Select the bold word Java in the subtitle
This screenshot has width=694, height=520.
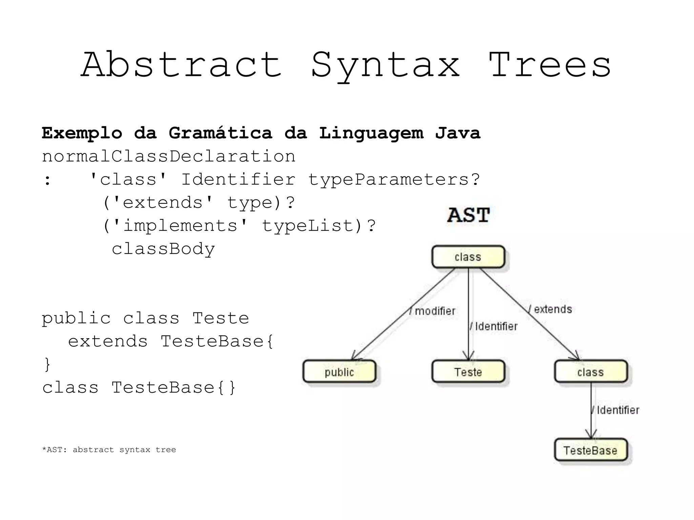click(457, 133)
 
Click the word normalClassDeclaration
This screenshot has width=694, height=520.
click(168, 156)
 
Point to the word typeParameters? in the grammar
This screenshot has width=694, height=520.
click(394, 179)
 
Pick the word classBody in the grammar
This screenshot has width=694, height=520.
click(163, 249)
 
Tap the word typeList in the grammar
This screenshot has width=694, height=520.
click(307, 225)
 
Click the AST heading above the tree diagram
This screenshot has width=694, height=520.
click(468, 215)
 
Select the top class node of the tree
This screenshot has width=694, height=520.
click(468, 257)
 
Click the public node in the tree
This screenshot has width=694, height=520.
click(339, 372)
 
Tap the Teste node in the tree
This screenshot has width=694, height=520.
click(468, 372)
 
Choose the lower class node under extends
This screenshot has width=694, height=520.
click(591, 372)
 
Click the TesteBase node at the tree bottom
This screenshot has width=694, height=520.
click(591, 450)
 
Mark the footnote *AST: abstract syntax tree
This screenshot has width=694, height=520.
click(109, 450)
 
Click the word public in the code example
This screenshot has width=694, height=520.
click(76, 318)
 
